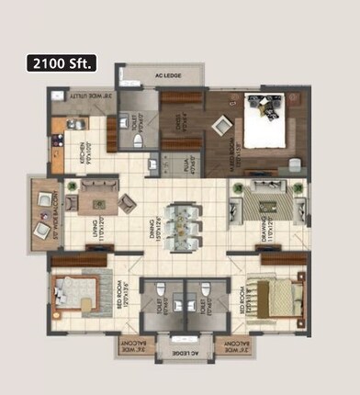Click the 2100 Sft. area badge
click(62, 63)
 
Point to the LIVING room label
click(95, 222)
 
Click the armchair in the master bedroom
click(295, 166)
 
